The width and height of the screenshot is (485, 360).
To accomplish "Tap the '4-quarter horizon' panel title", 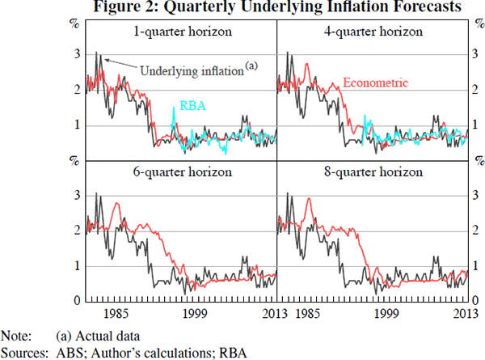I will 371,32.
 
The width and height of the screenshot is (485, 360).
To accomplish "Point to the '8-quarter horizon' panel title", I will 371,172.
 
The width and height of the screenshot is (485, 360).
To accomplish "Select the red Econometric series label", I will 376,83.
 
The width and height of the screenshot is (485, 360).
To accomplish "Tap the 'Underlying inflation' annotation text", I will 192,70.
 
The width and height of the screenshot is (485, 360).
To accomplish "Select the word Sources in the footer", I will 22,352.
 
